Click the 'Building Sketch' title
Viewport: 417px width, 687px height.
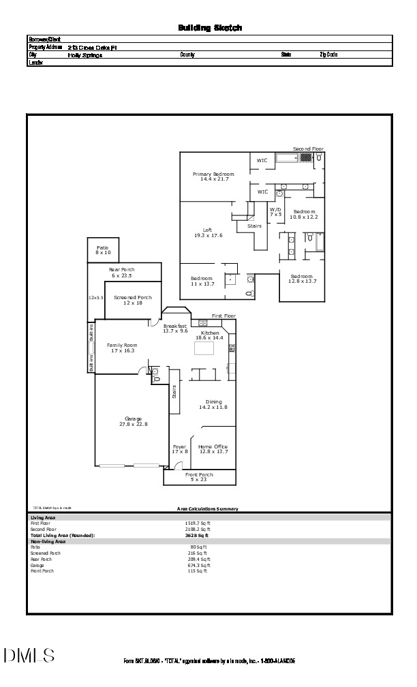pos(210,28)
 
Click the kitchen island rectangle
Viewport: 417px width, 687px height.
pos(204,349)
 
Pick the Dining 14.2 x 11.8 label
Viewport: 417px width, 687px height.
pos(213,404)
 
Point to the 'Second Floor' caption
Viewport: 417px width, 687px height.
pos(308,149)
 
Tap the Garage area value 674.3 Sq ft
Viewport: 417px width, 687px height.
pos(200,565)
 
